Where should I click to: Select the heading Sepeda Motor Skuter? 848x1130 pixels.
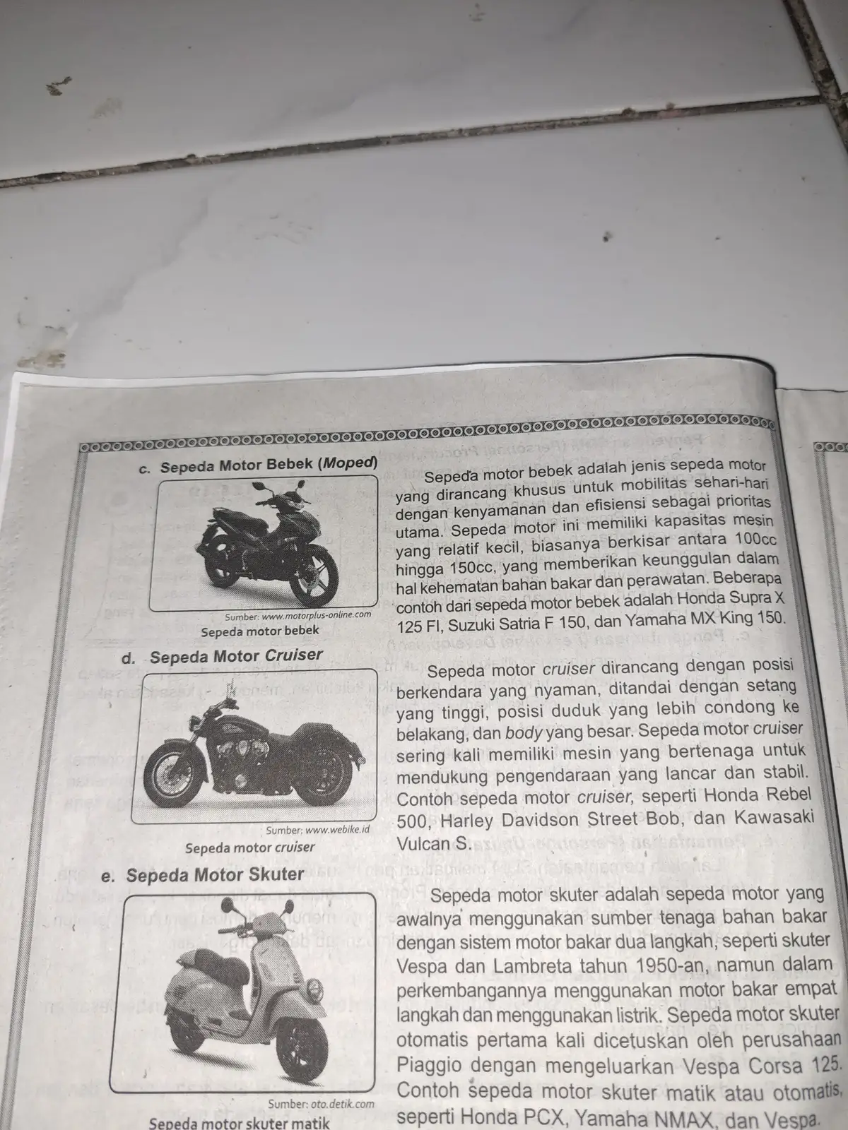(x=214, y=874)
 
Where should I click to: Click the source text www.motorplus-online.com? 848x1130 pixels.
(x=316, y=615)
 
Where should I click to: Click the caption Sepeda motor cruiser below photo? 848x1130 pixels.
(x=249, y=847)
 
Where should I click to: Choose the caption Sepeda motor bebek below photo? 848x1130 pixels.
(x=259, y=631)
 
